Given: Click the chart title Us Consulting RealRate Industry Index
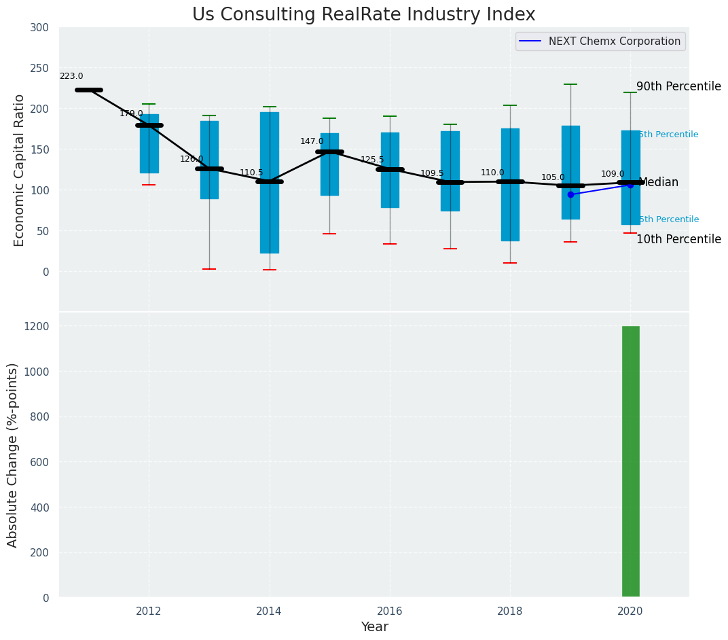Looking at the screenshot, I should point(363,15).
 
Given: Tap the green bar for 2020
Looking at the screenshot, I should point(630,462).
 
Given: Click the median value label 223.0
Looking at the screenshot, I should point(71,77).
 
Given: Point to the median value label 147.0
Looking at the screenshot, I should point(312,141).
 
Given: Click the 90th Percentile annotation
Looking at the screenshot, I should point(678,87).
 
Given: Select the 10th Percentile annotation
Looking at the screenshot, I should point(678,240).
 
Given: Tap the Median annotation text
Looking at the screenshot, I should point(658,183).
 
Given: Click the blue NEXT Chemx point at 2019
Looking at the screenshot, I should point(570,194).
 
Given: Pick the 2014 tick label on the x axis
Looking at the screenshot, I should point(270,611).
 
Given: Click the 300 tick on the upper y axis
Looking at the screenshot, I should point(39,28).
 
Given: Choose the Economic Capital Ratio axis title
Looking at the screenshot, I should point(20,170).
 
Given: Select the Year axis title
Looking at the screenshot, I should point(374,627).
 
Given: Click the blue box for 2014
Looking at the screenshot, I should point(270,204).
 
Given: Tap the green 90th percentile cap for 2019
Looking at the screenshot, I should point(570,84).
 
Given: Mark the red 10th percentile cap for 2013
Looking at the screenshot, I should point(209,269).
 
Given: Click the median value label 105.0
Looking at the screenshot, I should point(553,178).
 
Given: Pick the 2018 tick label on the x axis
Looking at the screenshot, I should point(510,611).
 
